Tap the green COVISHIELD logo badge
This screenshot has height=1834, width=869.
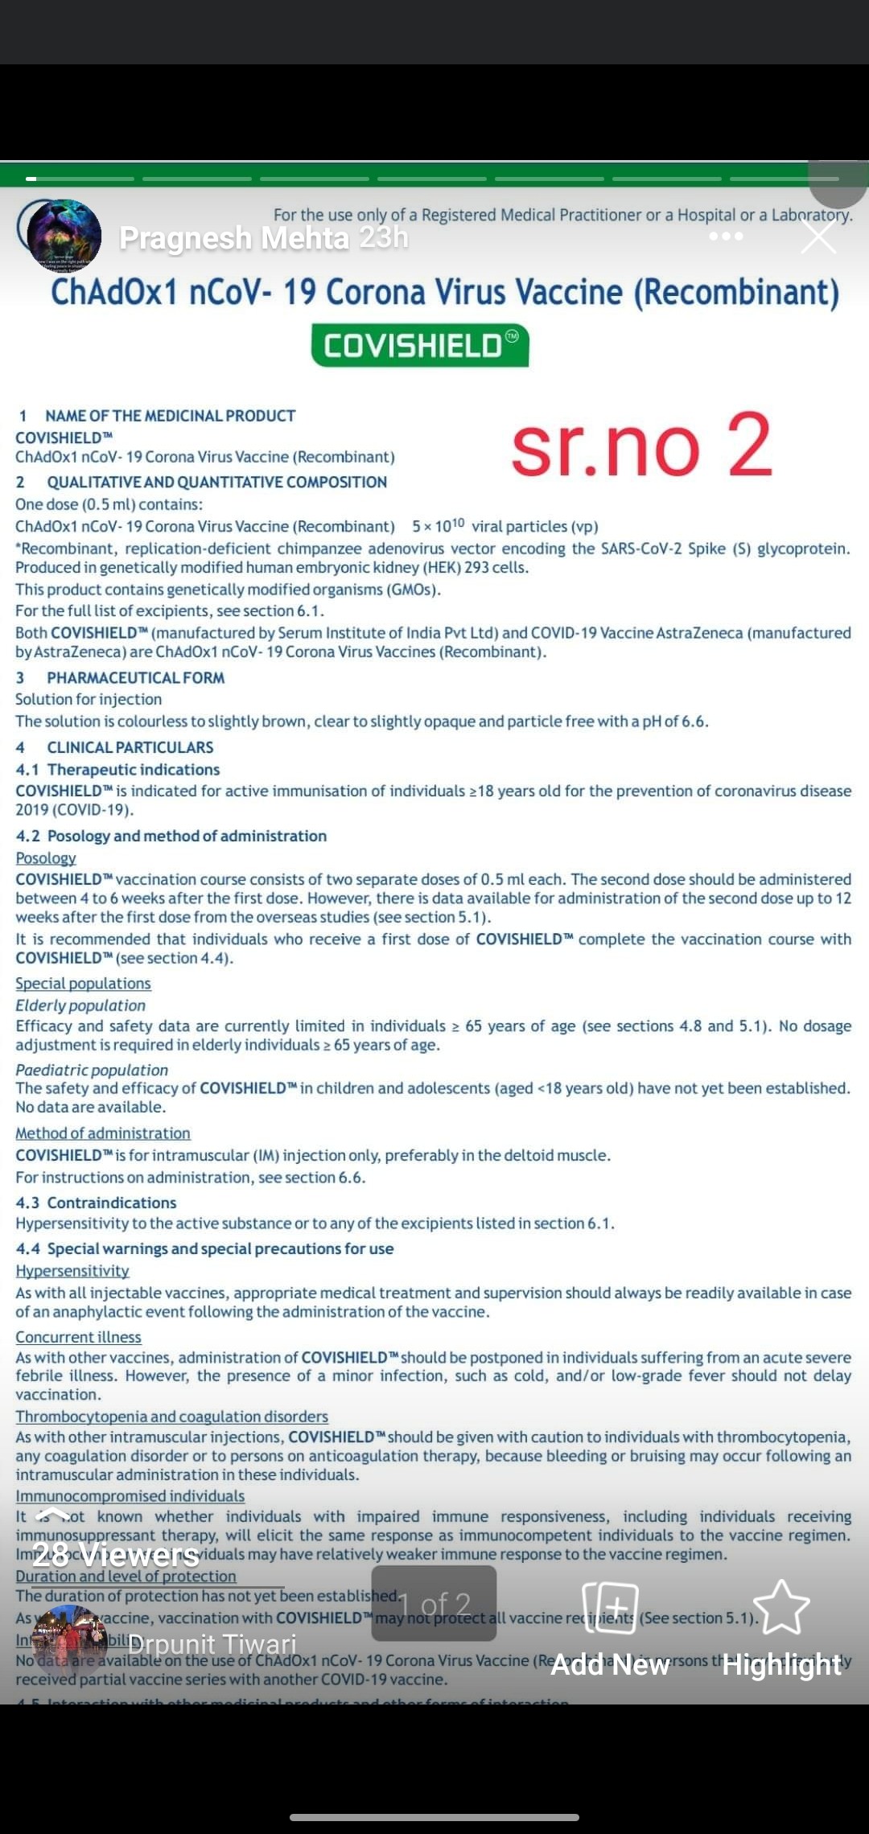[x=420, y=346]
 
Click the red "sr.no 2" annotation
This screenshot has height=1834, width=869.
[x=641, y=446]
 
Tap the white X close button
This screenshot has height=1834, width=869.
[x=818, y=237]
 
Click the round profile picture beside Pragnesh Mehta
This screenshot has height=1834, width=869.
[x=64, y=236]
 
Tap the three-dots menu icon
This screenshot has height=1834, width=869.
[x=726, y=236]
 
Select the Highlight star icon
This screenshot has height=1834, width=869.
[x=780, y=1608]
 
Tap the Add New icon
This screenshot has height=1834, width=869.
[x=610, y=1608]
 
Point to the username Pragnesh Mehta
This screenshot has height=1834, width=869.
[x=234, y=238]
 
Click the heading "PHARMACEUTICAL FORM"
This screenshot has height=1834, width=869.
[x=135, y=677]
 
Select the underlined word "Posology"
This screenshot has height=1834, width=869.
[x=46, y=858]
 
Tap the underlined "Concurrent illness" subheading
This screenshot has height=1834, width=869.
[x=78, y=1337]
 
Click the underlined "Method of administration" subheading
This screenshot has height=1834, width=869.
[x=103, y=1133]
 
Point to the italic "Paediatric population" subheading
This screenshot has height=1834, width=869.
[x=92, y=1070]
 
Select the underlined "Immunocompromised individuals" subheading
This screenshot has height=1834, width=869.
[x=130, y=1496]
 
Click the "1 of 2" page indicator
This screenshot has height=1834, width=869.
[x=434, y=1605]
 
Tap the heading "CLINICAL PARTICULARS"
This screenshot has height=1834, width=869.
[x=130, y=747]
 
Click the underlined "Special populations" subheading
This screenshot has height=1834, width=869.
[x=83, y=983]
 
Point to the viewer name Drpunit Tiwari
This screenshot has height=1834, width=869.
[x=212, y=1644]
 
